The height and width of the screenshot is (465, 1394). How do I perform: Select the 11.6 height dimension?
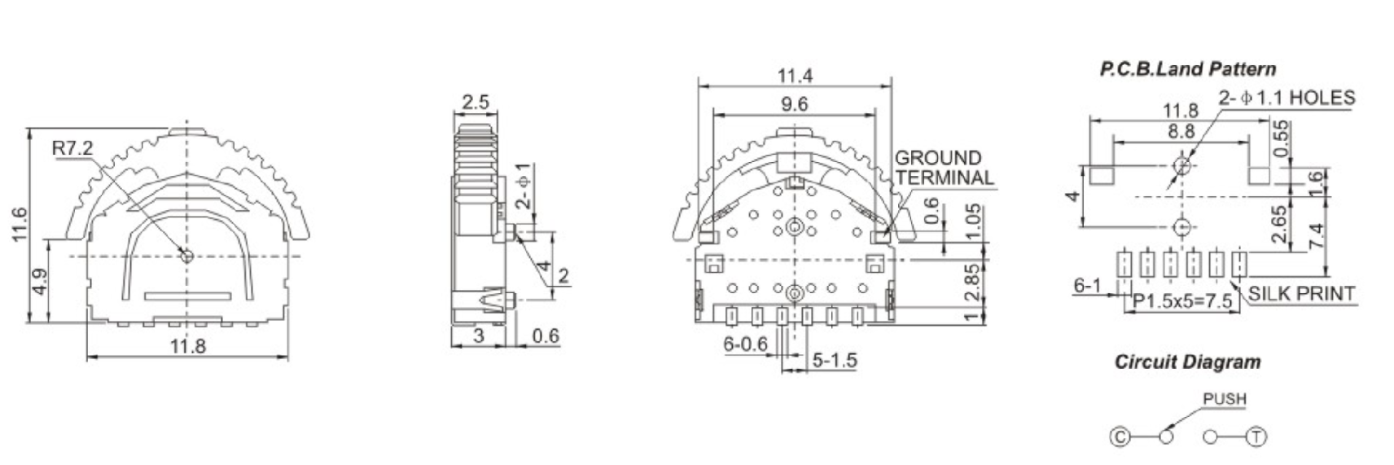[x=20, y=225]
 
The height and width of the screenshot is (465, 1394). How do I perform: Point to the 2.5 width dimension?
[x=476, y=103]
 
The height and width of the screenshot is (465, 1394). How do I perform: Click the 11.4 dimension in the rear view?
[x=794, y=76]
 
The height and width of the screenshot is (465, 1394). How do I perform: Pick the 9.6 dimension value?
[x=794, y=104]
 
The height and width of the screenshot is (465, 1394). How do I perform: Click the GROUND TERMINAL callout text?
[x=943, y=168]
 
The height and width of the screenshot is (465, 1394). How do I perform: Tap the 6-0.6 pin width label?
[x=745, y=344]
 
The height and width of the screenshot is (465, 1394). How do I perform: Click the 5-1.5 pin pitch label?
[x=834, y=359]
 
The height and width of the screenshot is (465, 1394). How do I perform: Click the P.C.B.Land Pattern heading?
[x=1187, y=69]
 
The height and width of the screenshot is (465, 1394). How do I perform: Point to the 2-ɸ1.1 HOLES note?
[x=1287, y=99]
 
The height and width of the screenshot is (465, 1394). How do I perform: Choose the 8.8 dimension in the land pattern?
[x=1180, y=131]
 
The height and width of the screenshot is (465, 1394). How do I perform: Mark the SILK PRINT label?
[x=1301, y=293]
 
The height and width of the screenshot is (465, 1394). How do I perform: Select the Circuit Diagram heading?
[x=1187, y=362]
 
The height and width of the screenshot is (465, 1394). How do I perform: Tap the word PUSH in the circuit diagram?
[x=1224, y=399]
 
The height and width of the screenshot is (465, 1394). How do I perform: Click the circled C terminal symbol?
[x=1120, y=437]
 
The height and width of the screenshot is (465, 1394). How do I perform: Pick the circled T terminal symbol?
[x=1258, y=437]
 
